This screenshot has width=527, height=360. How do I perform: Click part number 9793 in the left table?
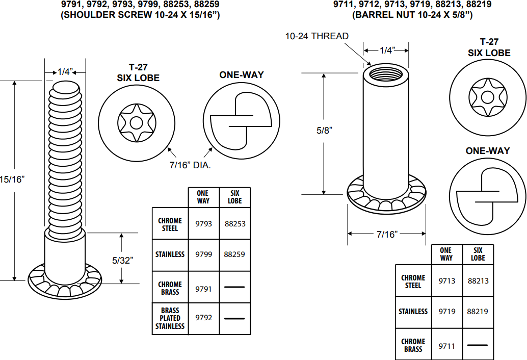[203, 224]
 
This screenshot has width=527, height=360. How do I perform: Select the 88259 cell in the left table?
[234, 254]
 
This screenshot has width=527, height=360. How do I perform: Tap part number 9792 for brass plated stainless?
[203, 318]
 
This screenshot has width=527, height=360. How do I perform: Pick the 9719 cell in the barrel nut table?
[446, 311]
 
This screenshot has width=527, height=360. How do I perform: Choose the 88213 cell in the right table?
[478, 281]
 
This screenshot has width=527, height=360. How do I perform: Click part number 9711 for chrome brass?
[446, 346]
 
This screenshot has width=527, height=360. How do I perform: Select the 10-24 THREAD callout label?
[317, 36]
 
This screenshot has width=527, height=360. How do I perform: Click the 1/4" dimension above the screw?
[65, 72]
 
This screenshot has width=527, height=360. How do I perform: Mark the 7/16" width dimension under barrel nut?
[387, 234]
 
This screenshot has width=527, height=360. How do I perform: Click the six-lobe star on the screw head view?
[137, 123]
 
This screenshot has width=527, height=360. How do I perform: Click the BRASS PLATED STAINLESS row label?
[170, 318]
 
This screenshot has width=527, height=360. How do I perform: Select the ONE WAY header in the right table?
[446, 254]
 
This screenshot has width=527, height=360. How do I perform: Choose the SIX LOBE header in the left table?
[234, 197]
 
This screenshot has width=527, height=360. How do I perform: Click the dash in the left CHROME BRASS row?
[234, 288]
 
